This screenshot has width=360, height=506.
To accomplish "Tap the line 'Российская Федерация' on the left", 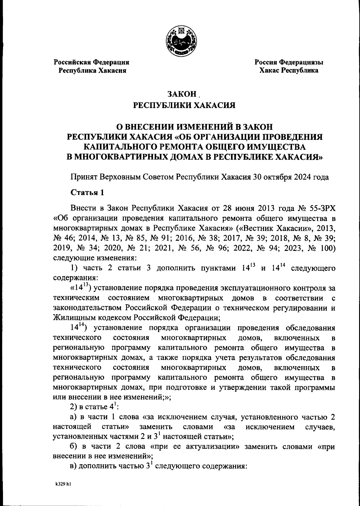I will click(x=91, y=62).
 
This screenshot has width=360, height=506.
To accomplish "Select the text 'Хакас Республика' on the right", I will click(x=289, y=71).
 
